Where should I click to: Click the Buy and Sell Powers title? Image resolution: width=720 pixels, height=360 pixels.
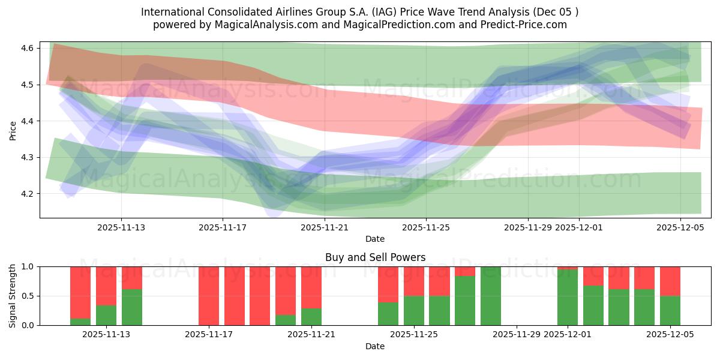375,257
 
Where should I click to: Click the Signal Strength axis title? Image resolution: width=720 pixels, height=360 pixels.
13,296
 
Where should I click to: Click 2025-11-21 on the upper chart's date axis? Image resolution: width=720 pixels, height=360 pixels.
324,227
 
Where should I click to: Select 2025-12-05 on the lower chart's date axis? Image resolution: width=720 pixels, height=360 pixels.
670,335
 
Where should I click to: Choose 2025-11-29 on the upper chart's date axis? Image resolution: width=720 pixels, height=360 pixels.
528,227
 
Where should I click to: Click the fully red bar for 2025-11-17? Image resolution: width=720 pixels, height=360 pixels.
209,296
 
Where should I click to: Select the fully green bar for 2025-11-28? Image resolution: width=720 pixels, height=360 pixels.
491,296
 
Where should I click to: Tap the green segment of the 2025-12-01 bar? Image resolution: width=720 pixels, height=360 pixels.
568,298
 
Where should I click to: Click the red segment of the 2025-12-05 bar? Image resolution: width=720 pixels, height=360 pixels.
670,281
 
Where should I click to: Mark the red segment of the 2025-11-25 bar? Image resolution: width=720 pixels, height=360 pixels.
414,281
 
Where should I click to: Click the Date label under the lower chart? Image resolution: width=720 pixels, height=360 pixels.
375,346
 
